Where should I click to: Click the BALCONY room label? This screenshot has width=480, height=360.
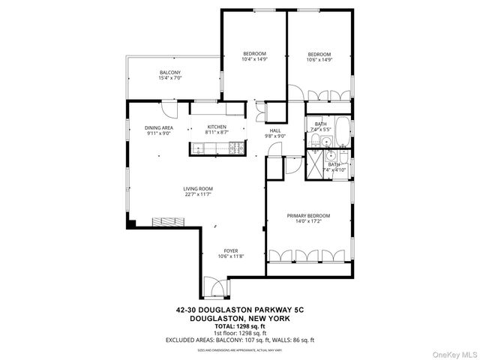169,72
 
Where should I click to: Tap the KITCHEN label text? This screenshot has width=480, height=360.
217,127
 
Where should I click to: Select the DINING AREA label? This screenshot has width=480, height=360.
159,128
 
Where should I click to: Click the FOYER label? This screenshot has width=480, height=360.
232,251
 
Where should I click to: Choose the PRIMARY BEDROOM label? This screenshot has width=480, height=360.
308,216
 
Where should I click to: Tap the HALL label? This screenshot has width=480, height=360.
276,130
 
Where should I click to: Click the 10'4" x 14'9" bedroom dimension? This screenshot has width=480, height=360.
254,59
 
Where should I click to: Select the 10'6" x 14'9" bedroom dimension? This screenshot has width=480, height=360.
319,59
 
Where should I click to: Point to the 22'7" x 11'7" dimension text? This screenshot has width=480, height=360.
199,194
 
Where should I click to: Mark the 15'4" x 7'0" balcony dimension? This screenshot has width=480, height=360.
169,78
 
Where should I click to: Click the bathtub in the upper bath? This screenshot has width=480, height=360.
341,132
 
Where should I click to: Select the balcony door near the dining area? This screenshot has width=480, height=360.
172,108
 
